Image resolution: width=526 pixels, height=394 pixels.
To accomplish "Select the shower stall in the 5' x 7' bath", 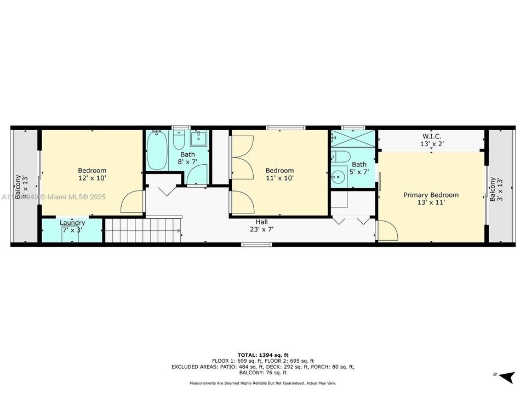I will (x=353, y=139).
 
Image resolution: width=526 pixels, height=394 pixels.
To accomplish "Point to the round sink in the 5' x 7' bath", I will (x=339, y=176).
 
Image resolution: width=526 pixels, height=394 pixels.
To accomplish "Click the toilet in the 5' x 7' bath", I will (x=340, y=157).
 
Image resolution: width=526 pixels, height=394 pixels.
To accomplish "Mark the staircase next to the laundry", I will (x=142, y=230).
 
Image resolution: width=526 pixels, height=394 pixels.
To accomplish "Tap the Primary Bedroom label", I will (x=431, y=195).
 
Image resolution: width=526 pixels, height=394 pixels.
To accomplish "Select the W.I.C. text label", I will (x=432, y=136).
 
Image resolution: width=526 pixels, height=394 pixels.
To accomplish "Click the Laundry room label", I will (x=72, y=223).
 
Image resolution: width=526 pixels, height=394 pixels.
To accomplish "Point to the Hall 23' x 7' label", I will (x=261, y=226).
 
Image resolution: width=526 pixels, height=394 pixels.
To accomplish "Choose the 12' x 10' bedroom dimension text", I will (x=92, y=178).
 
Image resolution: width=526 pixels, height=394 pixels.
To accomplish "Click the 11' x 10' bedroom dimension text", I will (x=279, y=178).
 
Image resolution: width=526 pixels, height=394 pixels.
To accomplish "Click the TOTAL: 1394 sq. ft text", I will (x=262, y=355).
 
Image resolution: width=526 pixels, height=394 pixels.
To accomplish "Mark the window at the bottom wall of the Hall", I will (x=257, y=245).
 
